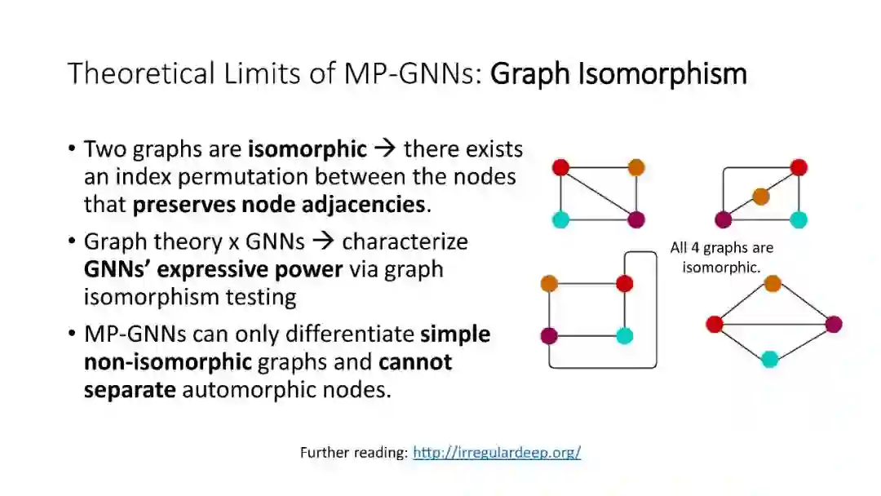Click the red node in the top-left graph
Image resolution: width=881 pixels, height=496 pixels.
(x=560, y=167)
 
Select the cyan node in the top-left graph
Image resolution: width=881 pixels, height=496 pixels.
(x=560, y=219)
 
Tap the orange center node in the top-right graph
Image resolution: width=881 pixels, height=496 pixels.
(x=761, y=196)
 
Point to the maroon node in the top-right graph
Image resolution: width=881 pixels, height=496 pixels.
(x=724, y=219)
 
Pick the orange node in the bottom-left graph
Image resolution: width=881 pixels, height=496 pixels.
(x=549, y=284)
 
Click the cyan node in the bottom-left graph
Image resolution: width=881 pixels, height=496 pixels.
(x=625, y=335)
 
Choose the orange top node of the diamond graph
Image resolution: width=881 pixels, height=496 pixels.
(x=773, y=283)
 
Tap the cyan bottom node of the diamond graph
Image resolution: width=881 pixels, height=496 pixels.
(x=770, y=359)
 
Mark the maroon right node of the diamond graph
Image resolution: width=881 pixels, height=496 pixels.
(x=833, y=325)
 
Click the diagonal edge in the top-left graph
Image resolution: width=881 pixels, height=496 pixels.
(x=599, y=193)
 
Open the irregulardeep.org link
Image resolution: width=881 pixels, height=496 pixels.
(x=497, y=452)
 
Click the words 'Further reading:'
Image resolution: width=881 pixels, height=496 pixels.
(x=354, y=452)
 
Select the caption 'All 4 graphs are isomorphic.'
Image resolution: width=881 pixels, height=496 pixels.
(x=722, y=257)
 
